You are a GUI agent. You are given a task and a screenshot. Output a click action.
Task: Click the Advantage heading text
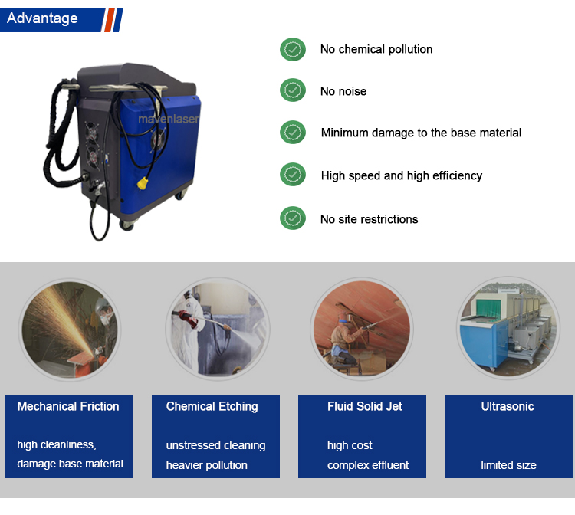pyautogui.click(x=42, y=18)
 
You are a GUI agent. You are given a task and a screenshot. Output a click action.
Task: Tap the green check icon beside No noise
pyautogui.click(x=293, y=90)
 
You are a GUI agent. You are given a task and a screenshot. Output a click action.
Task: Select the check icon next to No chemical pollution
pyautogui.click(x=293, y=49)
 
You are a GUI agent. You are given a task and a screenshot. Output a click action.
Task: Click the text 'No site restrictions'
pyautogui.click(x=369, y=219)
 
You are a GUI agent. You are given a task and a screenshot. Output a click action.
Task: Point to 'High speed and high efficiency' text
pyautogui.click(x=402, y=175)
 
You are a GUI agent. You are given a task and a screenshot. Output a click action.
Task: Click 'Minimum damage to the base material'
pyautogui.click(x=421, y=133)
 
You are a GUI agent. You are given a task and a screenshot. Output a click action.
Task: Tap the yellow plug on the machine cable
pyautogui.click(x=143, y=183)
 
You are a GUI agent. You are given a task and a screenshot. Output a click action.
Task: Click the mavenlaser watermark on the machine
pyautogui.click(x=169, y=119)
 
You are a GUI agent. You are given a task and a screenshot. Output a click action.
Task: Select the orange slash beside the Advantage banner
pyautogui.click(x=110, y=20)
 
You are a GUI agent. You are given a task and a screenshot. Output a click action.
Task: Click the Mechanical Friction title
pyautogui.click(x=68, y=406)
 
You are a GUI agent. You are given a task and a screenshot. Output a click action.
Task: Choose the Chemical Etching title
pyautogui.click(x=212, y=406)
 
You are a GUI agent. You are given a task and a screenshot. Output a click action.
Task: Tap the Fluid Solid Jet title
pyautogui.click(x=365, y=406)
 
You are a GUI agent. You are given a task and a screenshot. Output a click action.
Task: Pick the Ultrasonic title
pyautogui.click(x=508, y=406)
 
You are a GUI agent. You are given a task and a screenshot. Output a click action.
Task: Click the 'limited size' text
pyautogui.click(x=508, y=464)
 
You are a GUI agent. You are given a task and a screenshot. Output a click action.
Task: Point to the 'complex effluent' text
pyautogui.click(x=368, y=464)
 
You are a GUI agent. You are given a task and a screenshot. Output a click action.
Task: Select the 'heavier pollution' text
pyautogui.click(x=207, y=464)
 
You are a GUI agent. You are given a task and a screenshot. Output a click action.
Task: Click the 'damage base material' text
pyautogui.click(x=70, y=464)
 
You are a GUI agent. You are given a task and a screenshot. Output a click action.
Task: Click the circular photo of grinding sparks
pyautogui.click(x=70, y=330)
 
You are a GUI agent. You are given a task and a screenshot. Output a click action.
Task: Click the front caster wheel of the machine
pyautogui.click(x=127, y=225)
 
